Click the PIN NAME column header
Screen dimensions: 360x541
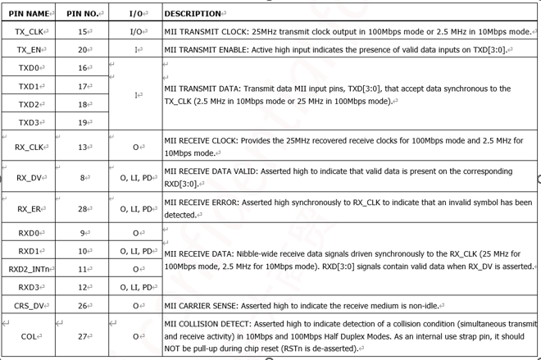coord(28,14)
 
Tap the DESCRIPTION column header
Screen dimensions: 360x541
coord(193,14)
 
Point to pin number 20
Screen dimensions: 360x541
coord(83,50)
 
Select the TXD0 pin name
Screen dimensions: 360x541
coord(27,68)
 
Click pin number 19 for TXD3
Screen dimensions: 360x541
coord(83,122)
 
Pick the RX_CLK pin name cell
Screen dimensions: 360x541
coord(29,148)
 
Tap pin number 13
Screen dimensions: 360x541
coord(83,148)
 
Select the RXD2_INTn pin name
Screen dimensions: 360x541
coord(30,268)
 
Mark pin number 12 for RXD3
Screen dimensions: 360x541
coord(83,286)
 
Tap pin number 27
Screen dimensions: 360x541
coord(83,335)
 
